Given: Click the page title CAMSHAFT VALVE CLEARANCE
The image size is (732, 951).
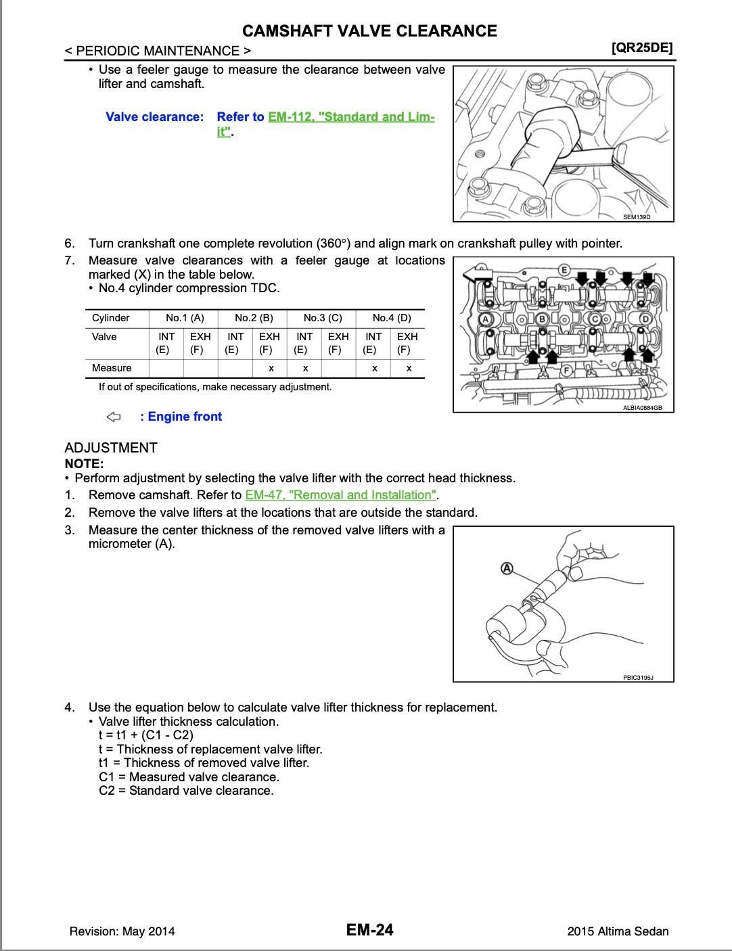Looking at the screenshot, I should click(x=369, y=30).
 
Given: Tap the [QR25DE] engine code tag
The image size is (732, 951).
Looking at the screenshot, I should click(x=641, y=49).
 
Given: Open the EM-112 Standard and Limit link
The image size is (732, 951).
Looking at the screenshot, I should click(x=350, y=117).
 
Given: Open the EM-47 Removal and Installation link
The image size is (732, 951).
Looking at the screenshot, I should click(x=341, y=495).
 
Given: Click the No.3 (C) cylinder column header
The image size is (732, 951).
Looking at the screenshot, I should click(x=322, y=318).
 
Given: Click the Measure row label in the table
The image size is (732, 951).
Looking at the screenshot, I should click(x=112, y=368).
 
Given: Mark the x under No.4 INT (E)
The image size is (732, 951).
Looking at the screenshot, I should click(x=374, y=369).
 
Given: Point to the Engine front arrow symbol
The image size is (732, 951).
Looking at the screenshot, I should click(x=114, y=417).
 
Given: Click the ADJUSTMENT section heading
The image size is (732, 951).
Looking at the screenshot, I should click(x=111, y=448).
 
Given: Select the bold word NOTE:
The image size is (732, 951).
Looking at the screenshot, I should click(x=84, y=463).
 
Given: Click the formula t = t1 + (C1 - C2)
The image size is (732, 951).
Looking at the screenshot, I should click(x=146, y=735).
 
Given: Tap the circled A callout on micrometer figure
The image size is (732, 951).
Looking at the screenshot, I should click(x=506, y=568).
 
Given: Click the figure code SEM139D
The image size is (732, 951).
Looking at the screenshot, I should click(x=636, y=217).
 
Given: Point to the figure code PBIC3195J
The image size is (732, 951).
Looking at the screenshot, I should click(x=638, y=676).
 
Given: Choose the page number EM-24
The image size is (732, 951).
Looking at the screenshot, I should click(x=369, y=930).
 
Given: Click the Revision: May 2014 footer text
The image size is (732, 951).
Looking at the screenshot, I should click(x=122, y=931).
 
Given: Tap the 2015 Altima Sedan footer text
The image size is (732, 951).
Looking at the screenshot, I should click(x=618, y=931).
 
